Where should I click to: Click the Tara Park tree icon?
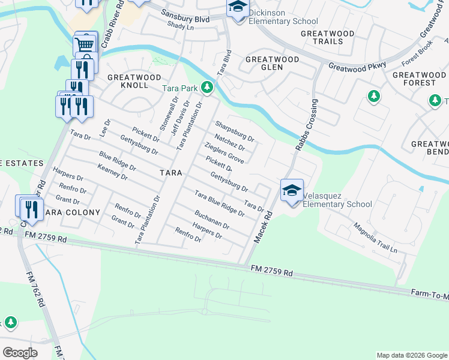[x=207, y=88]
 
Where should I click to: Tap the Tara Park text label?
[x=180, y=88]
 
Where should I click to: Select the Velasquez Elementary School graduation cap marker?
[x=292, y=191]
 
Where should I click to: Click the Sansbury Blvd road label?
[x=188, y=19]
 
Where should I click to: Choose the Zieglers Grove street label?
[x=224, y=154]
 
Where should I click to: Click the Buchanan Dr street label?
[x=211, y=219]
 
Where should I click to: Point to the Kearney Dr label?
[x=112, y=173]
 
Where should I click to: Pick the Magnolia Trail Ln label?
[x=376, y=238]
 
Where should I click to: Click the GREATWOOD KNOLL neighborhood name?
[x=134, y=81]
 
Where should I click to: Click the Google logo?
[x=20, y=353]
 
